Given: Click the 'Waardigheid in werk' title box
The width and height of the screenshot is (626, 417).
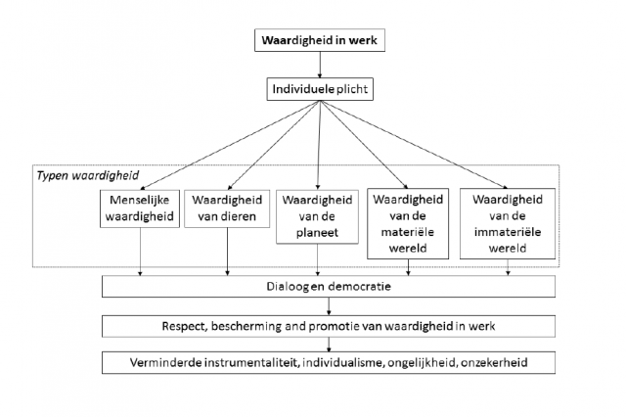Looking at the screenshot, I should (x=315, y=42).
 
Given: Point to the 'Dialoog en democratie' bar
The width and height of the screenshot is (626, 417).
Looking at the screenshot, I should (x=329, y=287).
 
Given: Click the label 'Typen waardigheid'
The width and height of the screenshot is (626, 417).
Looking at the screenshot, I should (x=75, y=175).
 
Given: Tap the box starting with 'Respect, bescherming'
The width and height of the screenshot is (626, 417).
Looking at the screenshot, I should (x=329, y=324).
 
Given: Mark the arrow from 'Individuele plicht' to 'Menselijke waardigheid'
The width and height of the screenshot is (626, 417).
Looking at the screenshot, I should (x=225, y=144).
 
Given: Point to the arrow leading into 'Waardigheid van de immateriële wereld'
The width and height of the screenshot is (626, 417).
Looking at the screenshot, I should (x=411, y=144).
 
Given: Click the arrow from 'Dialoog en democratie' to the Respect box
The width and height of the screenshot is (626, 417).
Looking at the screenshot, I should (x=329, y=305).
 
